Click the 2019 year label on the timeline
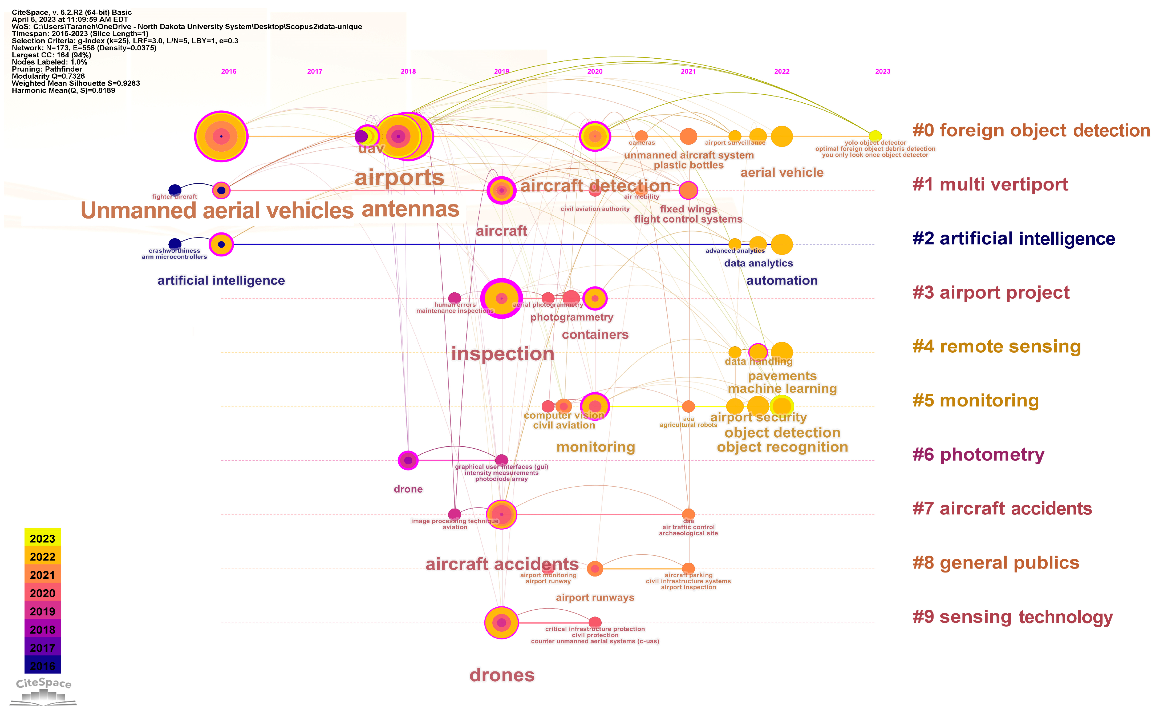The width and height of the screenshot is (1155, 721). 501,71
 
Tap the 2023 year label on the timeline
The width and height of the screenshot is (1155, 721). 882,71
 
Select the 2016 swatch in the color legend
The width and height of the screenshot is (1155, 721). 42,666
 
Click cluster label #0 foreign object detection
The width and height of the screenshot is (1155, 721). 1031,131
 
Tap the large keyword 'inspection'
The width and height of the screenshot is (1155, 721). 502,354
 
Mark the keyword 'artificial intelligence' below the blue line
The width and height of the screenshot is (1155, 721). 221,280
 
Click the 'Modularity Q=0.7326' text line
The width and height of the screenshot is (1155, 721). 48,76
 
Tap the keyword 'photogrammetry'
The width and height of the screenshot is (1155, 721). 572,317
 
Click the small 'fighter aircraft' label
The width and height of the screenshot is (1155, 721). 175,196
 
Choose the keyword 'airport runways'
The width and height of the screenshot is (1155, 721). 595,598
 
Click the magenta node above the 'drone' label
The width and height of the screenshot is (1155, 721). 408,460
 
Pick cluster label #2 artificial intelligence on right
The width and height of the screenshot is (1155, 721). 1014,239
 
